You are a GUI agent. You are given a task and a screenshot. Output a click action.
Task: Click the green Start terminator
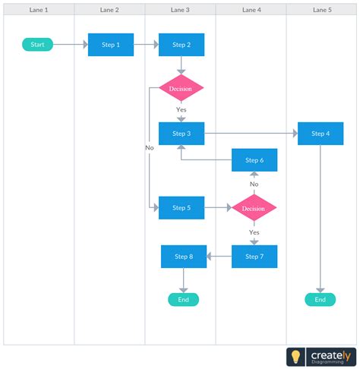pyautogui.click(x=37, y=45)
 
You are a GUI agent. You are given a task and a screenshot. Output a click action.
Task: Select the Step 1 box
pyautogui.click(x=111, y=45)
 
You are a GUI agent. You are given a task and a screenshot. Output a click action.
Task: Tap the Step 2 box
pyautogui.click(x=182, y=45)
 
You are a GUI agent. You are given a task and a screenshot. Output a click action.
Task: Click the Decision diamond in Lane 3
pyautogui.click(x=181, y=89)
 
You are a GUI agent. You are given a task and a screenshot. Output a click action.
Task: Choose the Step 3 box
pyautogui.click(x=182, y=134)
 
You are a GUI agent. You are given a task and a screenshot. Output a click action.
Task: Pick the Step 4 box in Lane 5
pyautogui.click(x=321, y=134)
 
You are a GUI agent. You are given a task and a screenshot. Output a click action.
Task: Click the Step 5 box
pyautogui.click(x=182, y=207)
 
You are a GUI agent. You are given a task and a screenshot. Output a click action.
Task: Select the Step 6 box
pyautogui.click(x=254, y=160)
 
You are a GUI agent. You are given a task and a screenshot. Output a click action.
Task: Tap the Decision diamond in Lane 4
pyautogui.click(x=254, y=207)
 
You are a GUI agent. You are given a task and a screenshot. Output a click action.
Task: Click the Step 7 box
pyautogui.click(x=254, y=257)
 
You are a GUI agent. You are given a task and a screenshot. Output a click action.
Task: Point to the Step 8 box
pyautogui.click(x=183, y=257)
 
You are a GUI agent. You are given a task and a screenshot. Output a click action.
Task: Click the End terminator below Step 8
pyautogui.click(x=183, y=300)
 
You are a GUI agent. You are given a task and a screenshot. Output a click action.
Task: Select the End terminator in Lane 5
pyautogui.click(x=320, y=300)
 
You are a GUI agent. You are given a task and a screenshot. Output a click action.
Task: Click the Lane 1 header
pyautogui.click(x=39, y=10)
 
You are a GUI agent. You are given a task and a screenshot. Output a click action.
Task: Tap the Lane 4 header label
pyautogui.click(x=251, y=10)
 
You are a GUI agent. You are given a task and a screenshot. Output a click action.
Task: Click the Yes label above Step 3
pyautogui.click(x=181, y=110)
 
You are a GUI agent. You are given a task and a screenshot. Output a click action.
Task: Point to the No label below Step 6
pyautogui.click(x=254, y=184)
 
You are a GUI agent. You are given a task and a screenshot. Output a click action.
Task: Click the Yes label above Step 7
pyautogui.click(x=254, y=232)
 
